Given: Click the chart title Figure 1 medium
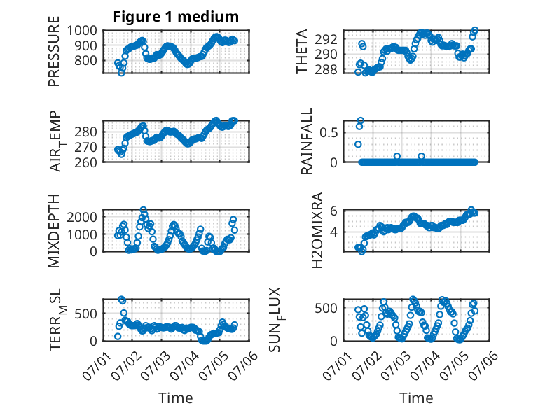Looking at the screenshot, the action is click(176, 16).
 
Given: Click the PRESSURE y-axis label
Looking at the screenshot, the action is click(54, 51).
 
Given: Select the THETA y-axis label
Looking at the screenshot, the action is click(302, 51).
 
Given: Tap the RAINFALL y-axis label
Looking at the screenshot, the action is click(307, 141).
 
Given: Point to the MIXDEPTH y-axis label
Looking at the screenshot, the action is click(54, 231).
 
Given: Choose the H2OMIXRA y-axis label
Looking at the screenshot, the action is click(317, 230).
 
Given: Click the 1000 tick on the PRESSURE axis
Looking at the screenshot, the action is click(82, 31).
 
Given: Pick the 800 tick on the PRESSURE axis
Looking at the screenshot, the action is click(86, 60).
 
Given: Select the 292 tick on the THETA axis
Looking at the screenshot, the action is click(326, 40).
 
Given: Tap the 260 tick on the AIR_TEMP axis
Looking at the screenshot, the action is click(86, 162).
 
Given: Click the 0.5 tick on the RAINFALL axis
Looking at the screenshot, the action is click(329, 133).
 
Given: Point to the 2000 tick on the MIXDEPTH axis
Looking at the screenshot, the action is click(82, 218).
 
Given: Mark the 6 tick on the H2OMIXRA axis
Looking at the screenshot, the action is click(334, 211).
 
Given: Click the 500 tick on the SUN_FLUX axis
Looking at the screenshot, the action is click(326, 308).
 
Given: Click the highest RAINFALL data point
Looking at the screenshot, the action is click(361, 120).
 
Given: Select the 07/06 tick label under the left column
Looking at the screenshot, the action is click(246, 361).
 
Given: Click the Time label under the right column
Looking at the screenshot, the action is click(416, 398).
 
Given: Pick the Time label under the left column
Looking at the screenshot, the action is click(176, 398).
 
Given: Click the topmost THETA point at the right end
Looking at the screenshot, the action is click(474, 31).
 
